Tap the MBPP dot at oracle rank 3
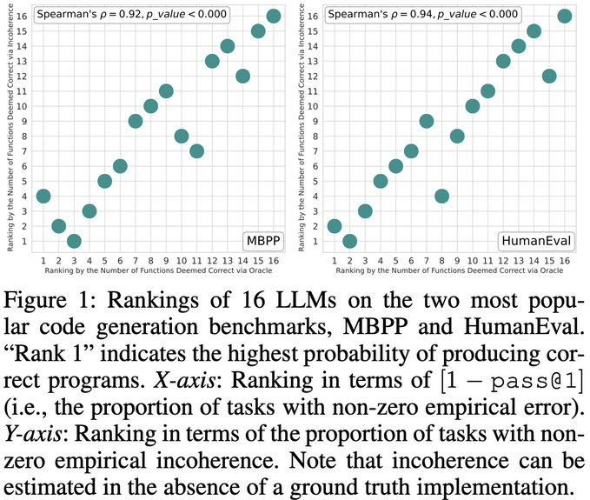(74, 241)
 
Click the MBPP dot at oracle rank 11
(196, 150)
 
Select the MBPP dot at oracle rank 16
(273, 16)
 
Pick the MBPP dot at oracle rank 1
(43, 196)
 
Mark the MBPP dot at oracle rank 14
(242, 76)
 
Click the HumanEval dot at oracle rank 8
(441, 196)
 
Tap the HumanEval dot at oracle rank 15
(549, 76)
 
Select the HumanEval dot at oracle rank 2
(350, 241)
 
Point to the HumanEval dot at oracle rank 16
(564, 16)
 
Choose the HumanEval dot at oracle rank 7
(427, 121)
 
